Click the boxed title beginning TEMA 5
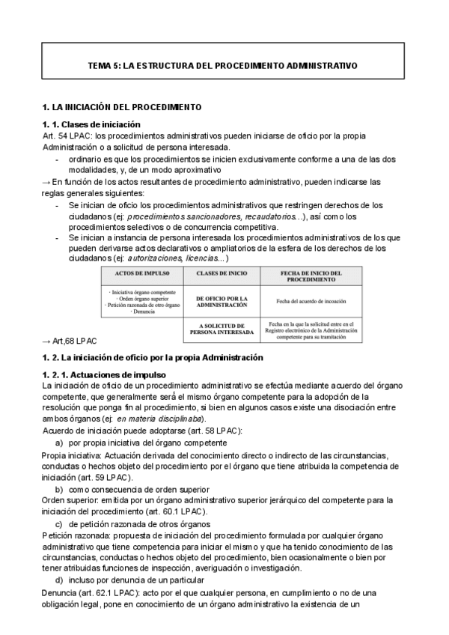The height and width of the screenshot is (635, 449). (x=224, y=66)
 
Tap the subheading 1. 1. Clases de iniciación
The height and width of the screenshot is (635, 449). (x=91, y=124)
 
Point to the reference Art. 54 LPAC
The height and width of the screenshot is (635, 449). (x=66, y=136)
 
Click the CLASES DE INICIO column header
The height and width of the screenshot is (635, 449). (x=221, y=274)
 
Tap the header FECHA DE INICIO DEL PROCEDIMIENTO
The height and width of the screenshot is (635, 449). (x=314, y=277)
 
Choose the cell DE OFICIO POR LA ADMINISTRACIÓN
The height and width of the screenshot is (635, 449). (x=221, y=301)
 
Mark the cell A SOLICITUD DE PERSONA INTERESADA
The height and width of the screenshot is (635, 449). (x=221, y=330)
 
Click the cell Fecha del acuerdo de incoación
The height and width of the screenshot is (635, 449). (x=314, y=301)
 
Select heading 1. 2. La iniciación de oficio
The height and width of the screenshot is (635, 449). (x=153, y=357)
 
